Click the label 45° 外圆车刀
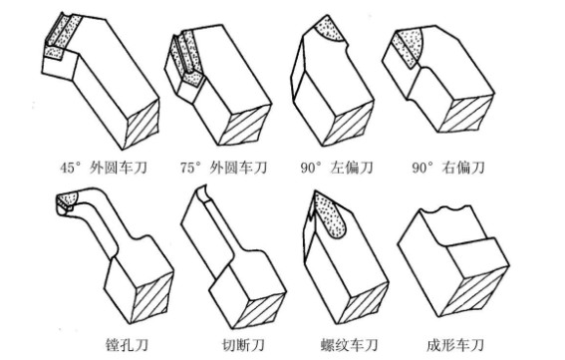[x=104, y=168]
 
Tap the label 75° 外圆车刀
[x=223, y=168]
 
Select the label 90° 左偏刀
[x=337, y=168]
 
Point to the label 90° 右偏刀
[x=448, y=168]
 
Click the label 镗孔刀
[x=127, y=345]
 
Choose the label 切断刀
[x=243, y=345]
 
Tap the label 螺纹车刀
[x=349, y=345]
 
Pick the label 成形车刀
[x=454, y=345]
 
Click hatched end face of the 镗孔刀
[x=151, y=296]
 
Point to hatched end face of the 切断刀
[x=258, y=309]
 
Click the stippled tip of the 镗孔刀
[x=67, y=200]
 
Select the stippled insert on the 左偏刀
[x=329, y=30]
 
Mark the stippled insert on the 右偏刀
[x=408, y=46]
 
